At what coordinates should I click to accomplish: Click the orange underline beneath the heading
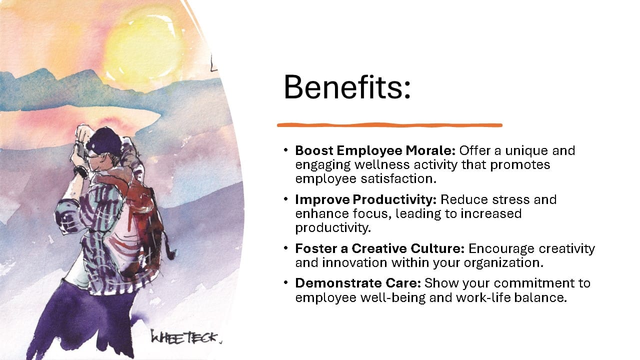click(x=389, y=125)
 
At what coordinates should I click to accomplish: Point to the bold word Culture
click(x=437, y=248)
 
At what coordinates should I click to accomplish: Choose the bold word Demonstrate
click(x=338, y=283)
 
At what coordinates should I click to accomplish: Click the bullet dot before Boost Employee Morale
click(x=285, y=150)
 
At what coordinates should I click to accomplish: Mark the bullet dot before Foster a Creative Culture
click(x=285, y=248)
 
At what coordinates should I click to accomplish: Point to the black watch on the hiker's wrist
click(x=81, y=171)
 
